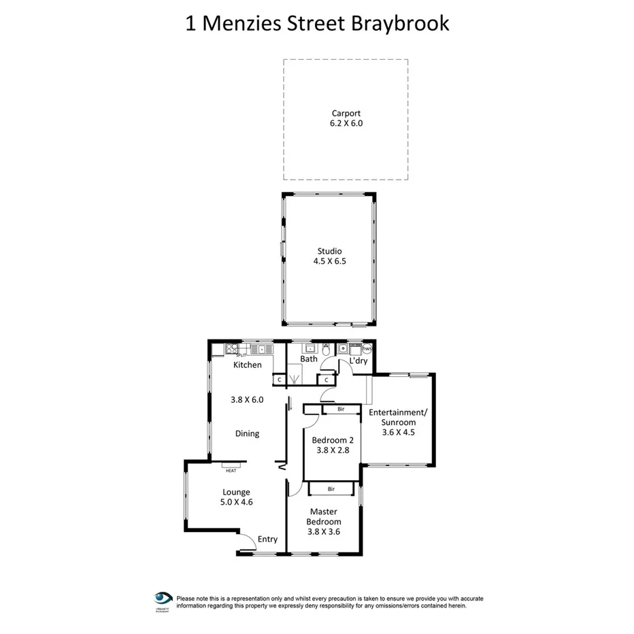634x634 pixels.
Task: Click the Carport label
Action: click(x=346, y=114)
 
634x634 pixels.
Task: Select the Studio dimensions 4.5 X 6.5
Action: click(x=329, y=261)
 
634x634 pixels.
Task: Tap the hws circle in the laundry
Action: click(x=367, y=348)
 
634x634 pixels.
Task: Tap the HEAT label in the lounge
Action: click(x=231, y=471)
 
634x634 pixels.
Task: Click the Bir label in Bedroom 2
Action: click(x=340, y=410)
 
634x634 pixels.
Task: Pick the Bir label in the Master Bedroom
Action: click(x=331, y=488)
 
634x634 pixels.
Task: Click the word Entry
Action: click(x=267, y=539)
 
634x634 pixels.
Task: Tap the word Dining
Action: click(x=247, y=433)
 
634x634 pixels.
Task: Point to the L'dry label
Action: click(x=358, y=361)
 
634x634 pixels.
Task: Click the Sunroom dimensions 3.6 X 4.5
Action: click(x=397, y=431)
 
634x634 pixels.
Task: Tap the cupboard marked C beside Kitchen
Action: click(x=279, y=380)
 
